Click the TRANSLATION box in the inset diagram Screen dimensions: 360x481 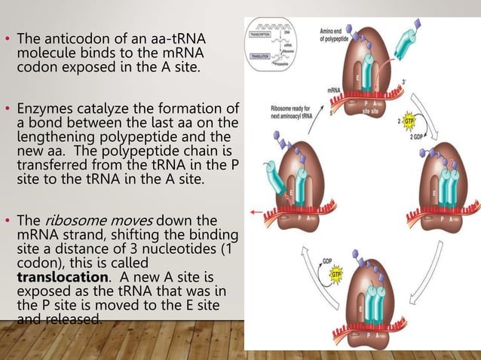[x=266, y=56]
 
